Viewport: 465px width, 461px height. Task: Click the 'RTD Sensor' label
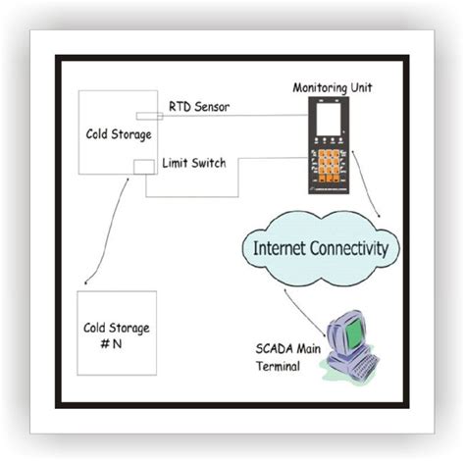(x=197, y=107)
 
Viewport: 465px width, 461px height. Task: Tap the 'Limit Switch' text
(x=199, y=163)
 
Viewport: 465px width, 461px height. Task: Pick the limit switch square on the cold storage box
(x=143, y=168)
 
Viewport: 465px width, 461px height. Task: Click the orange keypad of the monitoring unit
(x=327, y=162)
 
